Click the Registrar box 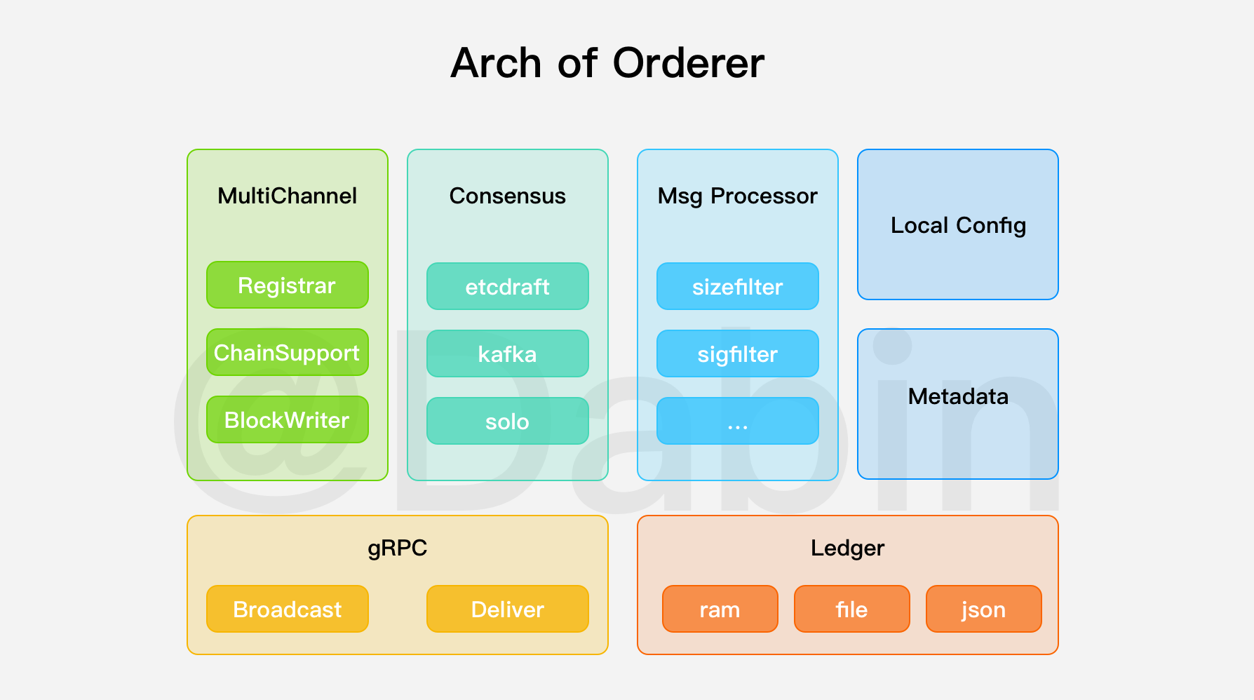click(287, 285)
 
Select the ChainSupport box click(287, 353)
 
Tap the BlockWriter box click(287, 420)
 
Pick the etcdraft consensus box click(507, 287)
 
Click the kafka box click(507, 354)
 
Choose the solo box click(507, 422)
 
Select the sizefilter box click(737, 287)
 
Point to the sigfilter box click(737, 354)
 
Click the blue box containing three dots click(737, 422)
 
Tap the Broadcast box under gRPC click(287, 610)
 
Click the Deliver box click(507, 610)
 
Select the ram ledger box click(720, 610)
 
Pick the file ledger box click(851, 610)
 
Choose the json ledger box click(983, 610)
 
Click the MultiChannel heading click(287, 196)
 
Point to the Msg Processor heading click(737, 196)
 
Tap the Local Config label click(958, 225)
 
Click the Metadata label click(958, 396)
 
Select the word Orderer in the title click(688, 63)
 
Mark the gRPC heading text click(397, 548)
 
